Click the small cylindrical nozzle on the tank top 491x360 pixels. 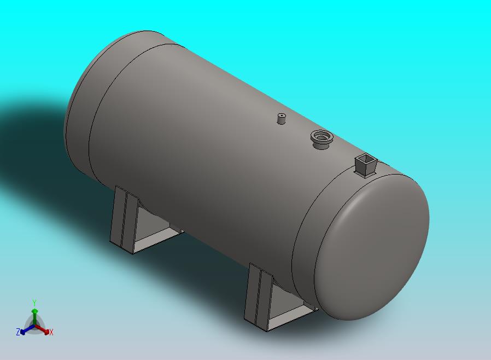click(x=282, y=118)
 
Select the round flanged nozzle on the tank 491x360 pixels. click(x=322, y=140)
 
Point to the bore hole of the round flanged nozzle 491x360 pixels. click(x=322, y=136)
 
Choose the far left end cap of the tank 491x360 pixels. click(x=81, y=107)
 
